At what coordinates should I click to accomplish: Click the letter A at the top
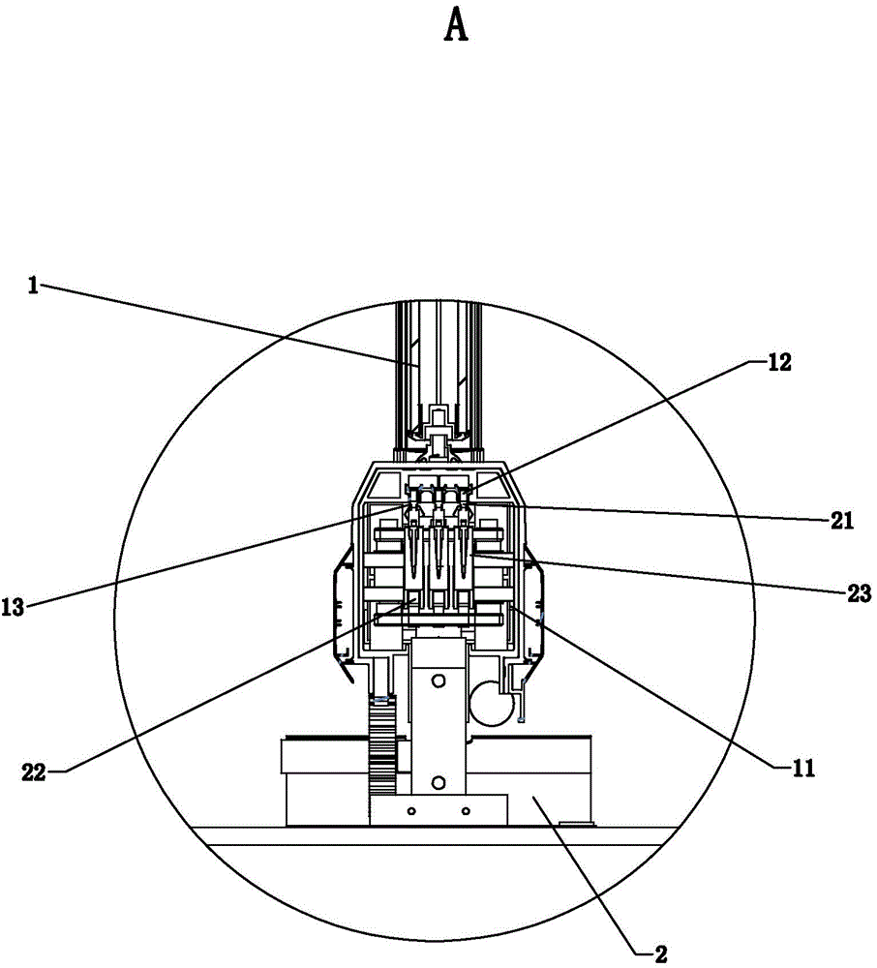456,27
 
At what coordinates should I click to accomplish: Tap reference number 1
33,286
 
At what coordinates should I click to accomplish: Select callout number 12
779,362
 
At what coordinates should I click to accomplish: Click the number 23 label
859,593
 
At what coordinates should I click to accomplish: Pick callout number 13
13,607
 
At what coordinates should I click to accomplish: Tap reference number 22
34,772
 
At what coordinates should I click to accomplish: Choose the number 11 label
802,768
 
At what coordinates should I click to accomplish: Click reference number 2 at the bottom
661,954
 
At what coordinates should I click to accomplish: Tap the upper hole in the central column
438,681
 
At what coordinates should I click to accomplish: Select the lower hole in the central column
438,783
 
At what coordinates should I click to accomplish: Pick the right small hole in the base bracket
466,810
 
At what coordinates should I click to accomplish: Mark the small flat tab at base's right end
573,822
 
